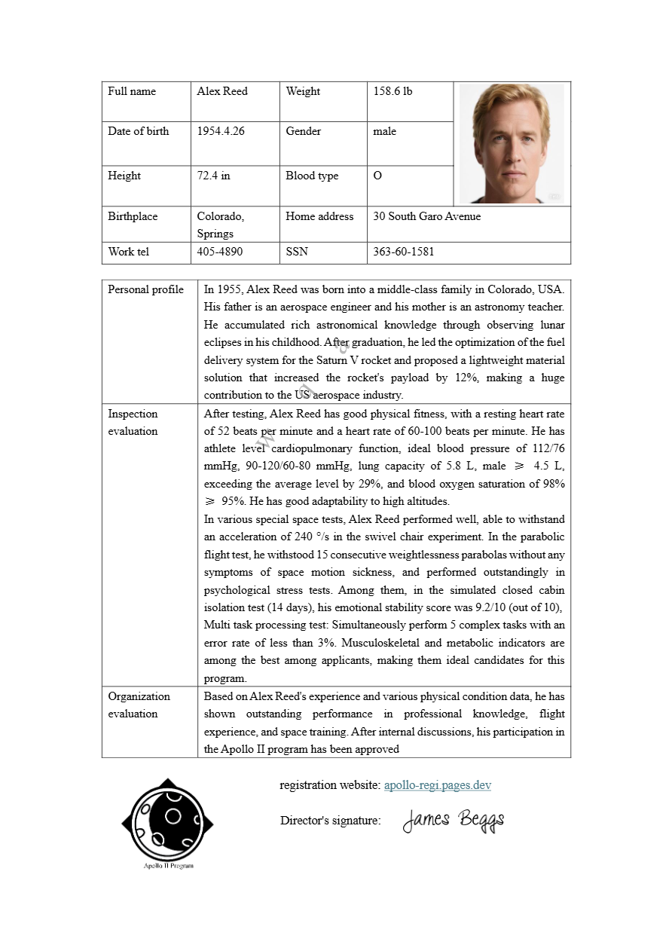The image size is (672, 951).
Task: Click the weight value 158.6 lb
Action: click(x=393, y=91)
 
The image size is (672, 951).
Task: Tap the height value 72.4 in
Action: click(x=214, y=176)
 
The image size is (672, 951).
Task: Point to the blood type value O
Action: click(x=377, y=176)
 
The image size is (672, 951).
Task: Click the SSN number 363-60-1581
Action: click(x=403, y=252)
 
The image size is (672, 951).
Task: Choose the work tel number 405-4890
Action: click(x=220, y=252)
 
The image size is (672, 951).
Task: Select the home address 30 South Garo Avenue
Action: click(x=426, y=216)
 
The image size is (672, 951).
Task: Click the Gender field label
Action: click(x=303, y=131)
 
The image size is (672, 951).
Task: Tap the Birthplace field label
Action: click(x=133, y=216)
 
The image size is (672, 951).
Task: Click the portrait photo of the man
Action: click(x=512, y=143)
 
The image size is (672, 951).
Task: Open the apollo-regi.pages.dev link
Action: click(x=438, y=785)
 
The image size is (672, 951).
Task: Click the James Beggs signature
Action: click(x=454, y=820)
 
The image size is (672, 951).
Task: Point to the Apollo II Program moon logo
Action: click(x=168, y=821)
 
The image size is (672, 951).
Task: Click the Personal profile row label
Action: click(x=145, y=289)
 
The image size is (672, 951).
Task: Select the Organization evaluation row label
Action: click(x=139, y=705)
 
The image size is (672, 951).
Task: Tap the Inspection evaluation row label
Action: click(x=133, y=422)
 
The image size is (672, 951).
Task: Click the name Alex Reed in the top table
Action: click(x=222, y=91)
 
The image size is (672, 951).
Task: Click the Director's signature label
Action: click(x=330, y=821)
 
